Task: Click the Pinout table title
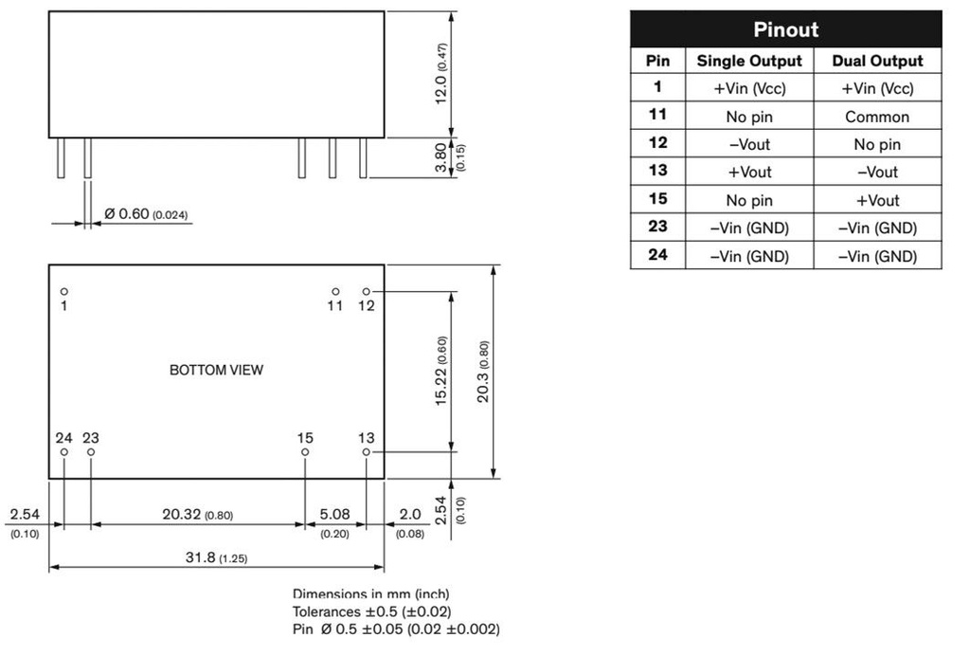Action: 785,29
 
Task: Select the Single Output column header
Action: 749,61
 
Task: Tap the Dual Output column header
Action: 877,61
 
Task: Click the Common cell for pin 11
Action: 877,117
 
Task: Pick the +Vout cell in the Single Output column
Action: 749,173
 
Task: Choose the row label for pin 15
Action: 657,199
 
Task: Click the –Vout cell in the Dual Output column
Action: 877,173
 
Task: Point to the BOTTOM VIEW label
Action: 216,370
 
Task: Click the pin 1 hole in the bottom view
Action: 64,292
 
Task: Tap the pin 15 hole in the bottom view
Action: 305,452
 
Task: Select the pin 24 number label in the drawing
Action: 63,437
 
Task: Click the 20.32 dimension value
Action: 197,515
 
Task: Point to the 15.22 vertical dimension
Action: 441,372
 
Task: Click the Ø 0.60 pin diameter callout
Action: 145,214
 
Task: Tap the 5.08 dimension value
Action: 335,515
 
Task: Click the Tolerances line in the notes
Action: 371,611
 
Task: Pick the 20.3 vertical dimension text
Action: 483,372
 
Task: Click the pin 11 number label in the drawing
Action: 335,306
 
